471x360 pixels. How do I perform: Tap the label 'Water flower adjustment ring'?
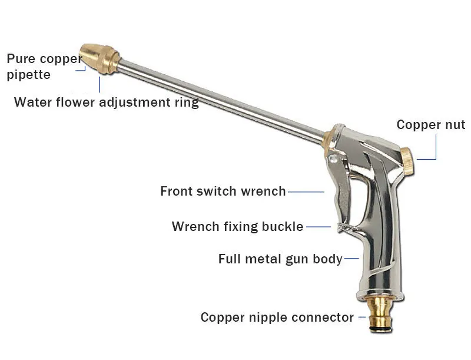click(x=106, y=103)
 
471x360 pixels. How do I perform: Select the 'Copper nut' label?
click(x=430, y=125)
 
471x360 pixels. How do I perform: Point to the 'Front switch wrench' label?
click(x=223, y=191)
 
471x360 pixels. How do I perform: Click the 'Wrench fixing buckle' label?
click(x=237, y=227)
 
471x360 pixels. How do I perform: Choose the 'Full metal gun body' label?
click(x=280, y=259)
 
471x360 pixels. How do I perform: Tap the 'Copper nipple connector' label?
click(x=277, y=318)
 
